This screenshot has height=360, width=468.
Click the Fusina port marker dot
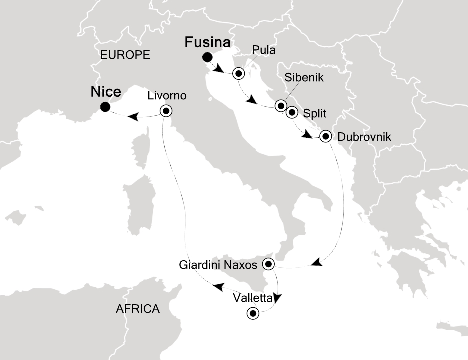[x=206, y=57]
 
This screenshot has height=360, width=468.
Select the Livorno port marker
[x=166, y=111]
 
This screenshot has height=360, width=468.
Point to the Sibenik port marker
[x=281, y=106]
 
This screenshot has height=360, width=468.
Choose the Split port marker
[x=291, y=112]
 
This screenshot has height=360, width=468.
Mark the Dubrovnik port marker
[x=326, y=136]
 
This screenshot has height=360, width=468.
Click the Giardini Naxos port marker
[x=269, y=263]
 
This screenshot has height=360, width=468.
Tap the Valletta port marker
[x=253, y=314]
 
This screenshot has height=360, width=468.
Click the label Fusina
[x=208, y=42]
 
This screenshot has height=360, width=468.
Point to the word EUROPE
[x=125, y=55]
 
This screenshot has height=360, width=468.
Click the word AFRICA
[x=138, y=309]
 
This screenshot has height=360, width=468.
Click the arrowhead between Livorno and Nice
[x=133, y=117]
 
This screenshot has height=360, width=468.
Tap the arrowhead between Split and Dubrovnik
[x=307, y=134]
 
